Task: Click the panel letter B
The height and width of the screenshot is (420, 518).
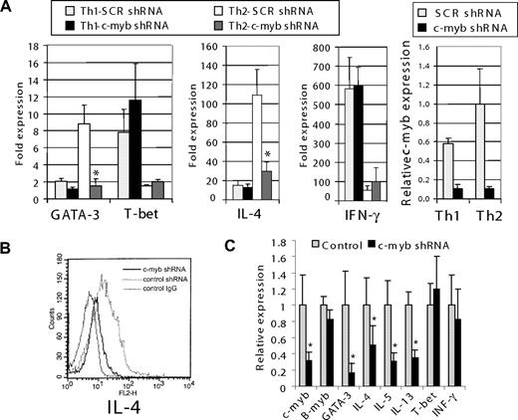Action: [9, 233]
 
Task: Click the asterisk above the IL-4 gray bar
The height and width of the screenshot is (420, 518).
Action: [265, 151]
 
